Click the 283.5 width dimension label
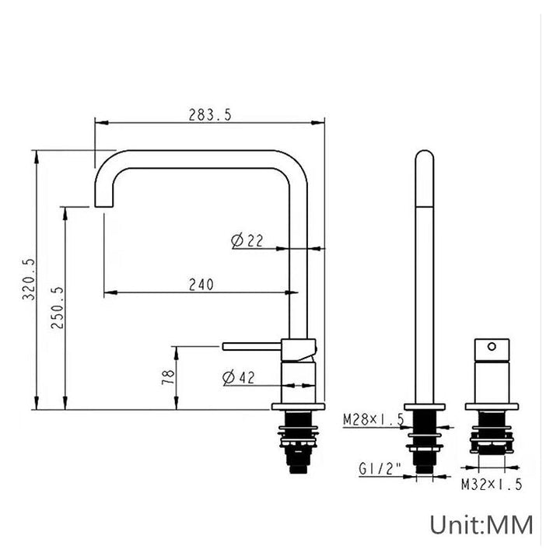(x=210, y=114)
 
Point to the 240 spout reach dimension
(x=200, y=285)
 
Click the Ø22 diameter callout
(x=247, y=241)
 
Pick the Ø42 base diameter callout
(x=239, y=378)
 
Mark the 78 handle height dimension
(x=167, y=378)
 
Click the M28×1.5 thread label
(x=373, y=420)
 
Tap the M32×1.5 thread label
(x=491, y=484)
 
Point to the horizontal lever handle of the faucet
(x=253, y=345)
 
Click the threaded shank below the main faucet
(x=297, y=443)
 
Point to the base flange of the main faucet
(x=297, y=408)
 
